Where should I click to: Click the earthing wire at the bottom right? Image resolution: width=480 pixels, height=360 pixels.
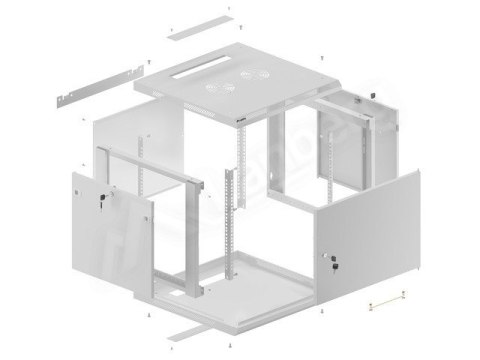click(387, 298)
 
